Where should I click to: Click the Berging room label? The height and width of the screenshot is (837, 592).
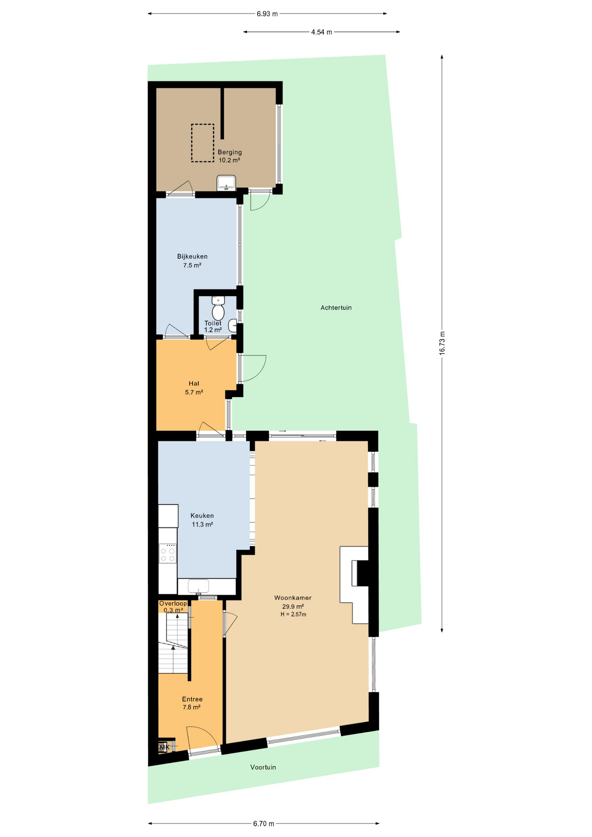point(230,156)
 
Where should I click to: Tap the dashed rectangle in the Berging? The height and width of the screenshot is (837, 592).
point(202,125)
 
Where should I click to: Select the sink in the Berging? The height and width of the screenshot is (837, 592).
point(226,183)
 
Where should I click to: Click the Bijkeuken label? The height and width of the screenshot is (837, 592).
point(192,261)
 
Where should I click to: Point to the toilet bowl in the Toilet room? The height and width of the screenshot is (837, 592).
point(218,312)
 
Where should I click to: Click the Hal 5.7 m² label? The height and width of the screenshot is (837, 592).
point(194,388)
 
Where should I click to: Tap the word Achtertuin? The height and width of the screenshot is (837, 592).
point(336,308)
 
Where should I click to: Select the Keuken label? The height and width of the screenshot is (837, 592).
point(202,520)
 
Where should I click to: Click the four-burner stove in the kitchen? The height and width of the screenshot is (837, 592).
point(167,553)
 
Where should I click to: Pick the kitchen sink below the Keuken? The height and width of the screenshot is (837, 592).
point(198,586)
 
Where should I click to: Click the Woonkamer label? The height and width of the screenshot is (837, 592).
point(293,598)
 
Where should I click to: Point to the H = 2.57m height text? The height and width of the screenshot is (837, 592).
point(293,614)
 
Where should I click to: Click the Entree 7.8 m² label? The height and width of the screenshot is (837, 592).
point(192,703)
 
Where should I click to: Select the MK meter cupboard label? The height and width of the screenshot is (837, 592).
point(164,747)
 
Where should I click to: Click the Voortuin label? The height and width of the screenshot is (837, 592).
point(263,767)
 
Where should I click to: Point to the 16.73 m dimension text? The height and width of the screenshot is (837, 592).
point(442,344)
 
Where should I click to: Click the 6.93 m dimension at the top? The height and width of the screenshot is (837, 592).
point(267,14)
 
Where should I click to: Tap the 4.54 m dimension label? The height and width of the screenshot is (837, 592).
point(322,32)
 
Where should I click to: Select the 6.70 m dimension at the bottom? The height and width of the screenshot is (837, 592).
point(264,823)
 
